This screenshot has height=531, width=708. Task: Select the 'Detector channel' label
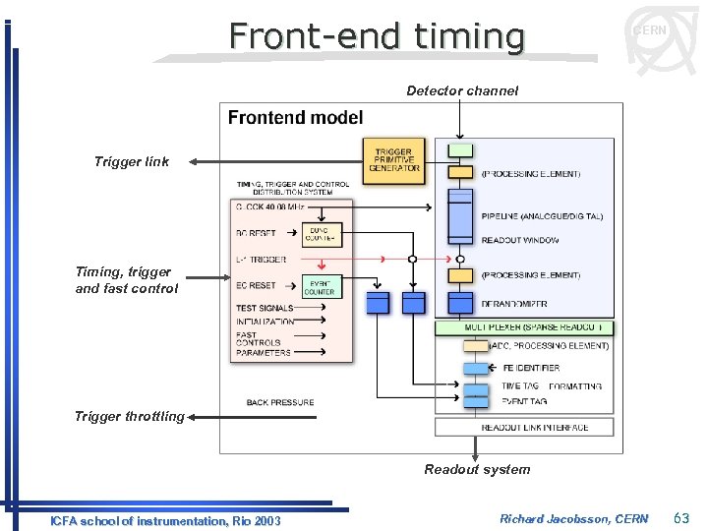462,90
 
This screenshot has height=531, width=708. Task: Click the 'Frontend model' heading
295,118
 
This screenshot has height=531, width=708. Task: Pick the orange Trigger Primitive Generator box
394,161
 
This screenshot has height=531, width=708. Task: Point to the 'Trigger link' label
132,161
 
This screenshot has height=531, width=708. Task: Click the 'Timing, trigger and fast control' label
127,280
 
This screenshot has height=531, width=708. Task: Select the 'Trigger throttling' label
130,416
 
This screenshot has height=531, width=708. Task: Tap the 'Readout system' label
477,469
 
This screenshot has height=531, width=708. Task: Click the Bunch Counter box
319,234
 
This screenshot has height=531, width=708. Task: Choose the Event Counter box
319,286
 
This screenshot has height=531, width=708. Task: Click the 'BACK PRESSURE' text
280,402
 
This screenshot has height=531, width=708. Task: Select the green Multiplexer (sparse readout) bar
524,327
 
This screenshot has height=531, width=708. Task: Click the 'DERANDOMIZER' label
528,304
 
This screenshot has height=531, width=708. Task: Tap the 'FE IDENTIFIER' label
531,368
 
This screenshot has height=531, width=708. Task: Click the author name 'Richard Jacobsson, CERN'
574,518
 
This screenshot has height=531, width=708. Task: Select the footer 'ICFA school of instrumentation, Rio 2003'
165,520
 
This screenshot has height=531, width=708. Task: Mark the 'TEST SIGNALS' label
265,308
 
